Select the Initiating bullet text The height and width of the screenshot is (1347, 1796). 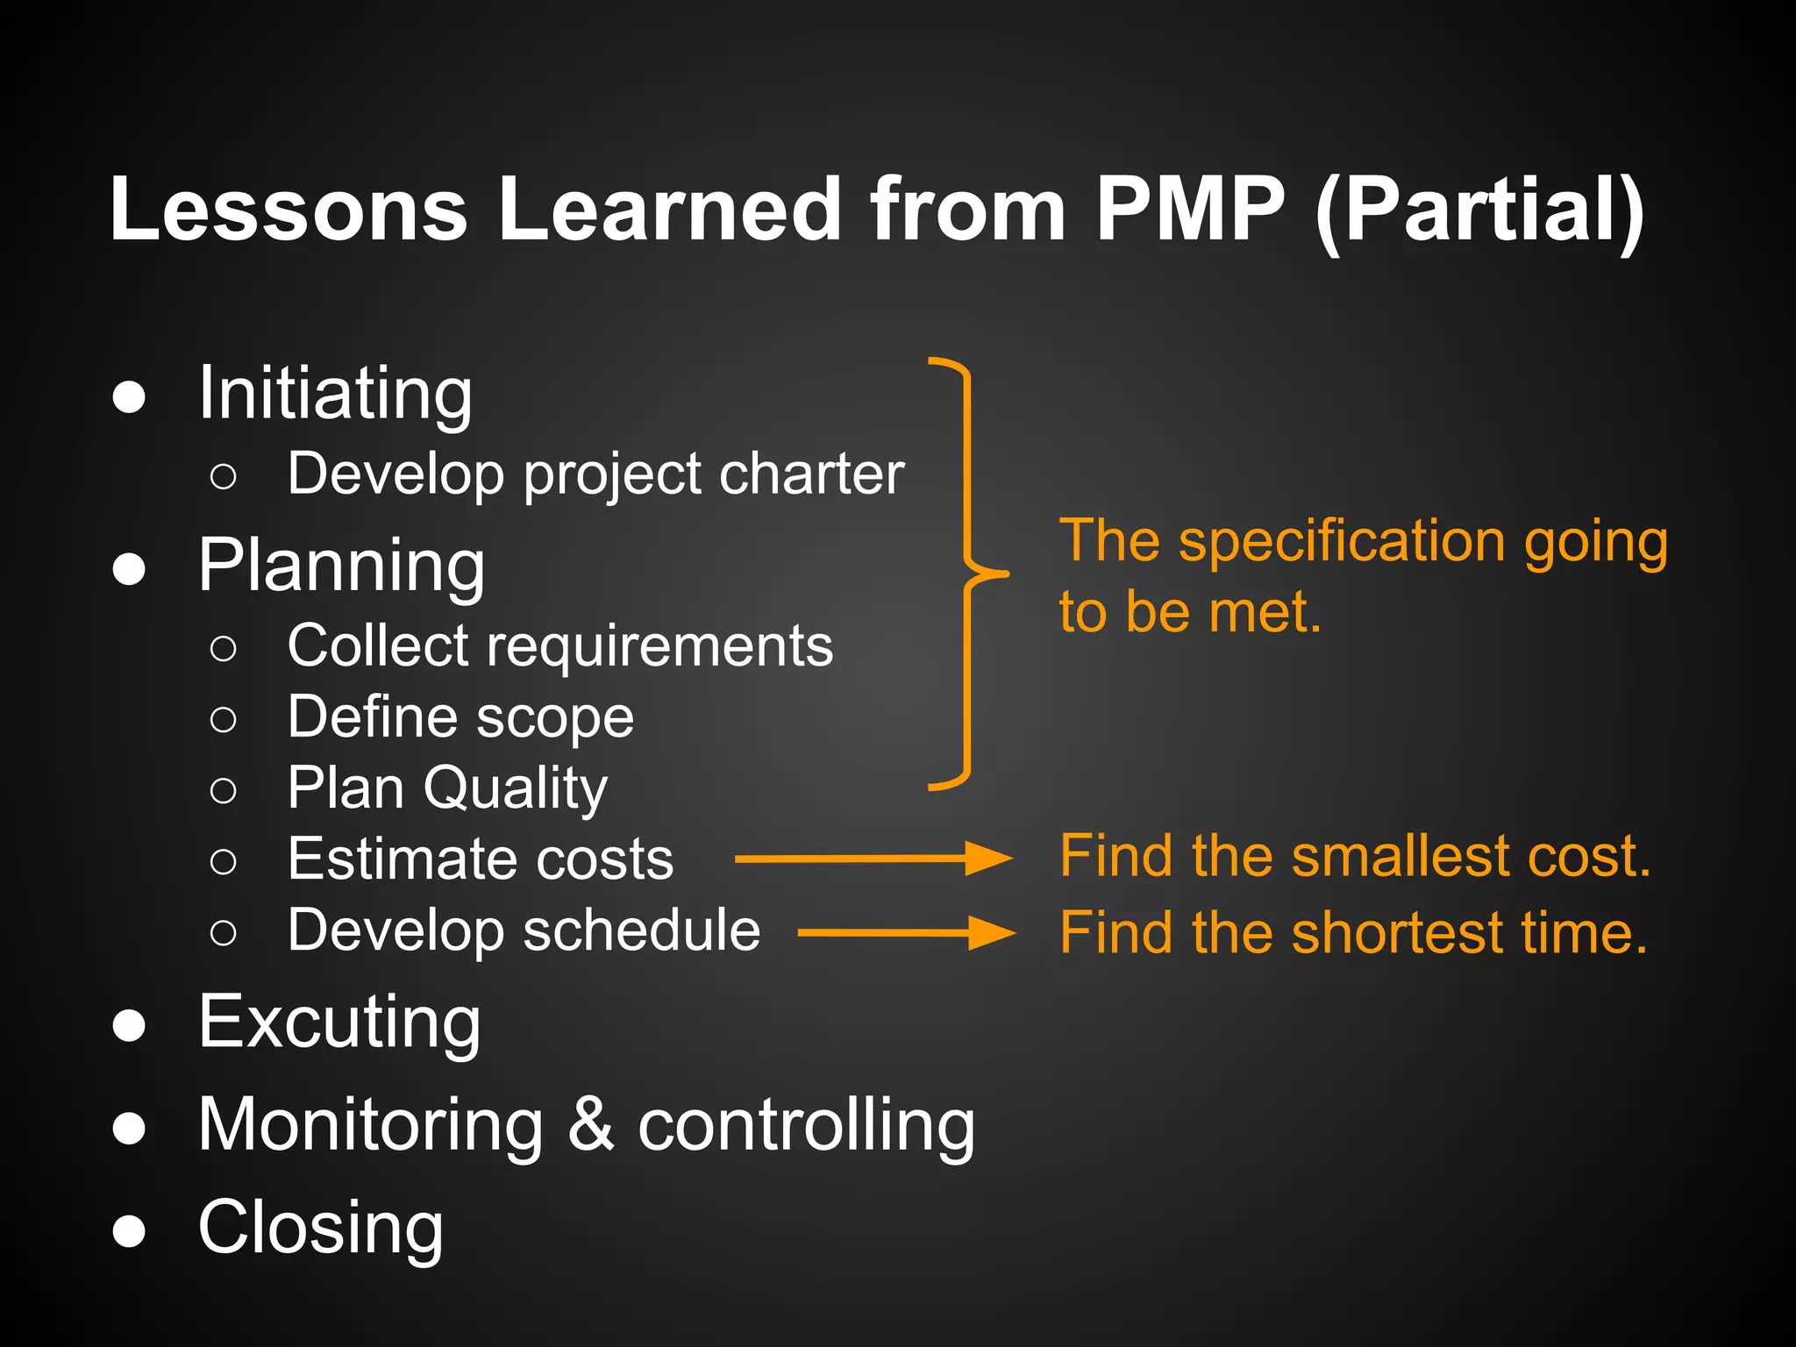point(335,395)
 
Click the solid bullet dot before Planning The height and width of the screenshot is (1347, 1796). point(129,569)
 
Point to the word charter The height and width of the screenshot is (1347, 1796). point(811,474)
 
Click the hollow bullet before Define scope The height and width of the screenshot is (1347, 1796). point(224,720)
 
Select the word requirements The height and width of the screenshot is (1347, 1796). point(659,647)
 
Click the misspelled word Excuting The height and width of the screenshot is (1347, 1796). point(339,1023)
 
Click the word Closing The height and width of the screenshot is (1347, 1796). point(320,1228)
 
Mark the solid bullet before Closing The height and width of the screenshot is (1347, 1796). point(129,1230)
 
